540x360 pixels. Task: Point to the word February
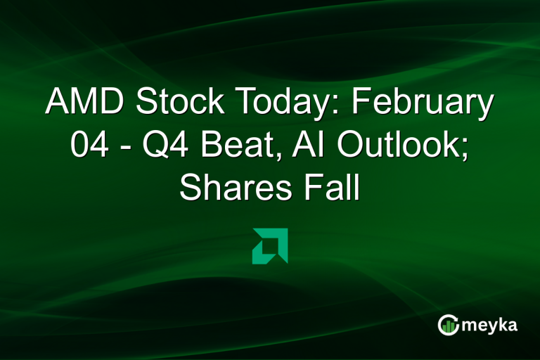coord(422,103)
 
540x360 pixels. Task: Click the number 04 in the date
coord(88,146)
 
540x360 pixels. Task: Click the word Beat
coord(224,146)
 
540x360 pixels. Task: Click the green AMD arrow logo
coord(269,246)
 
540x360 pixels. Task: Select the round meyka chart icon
coord(448,324)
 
